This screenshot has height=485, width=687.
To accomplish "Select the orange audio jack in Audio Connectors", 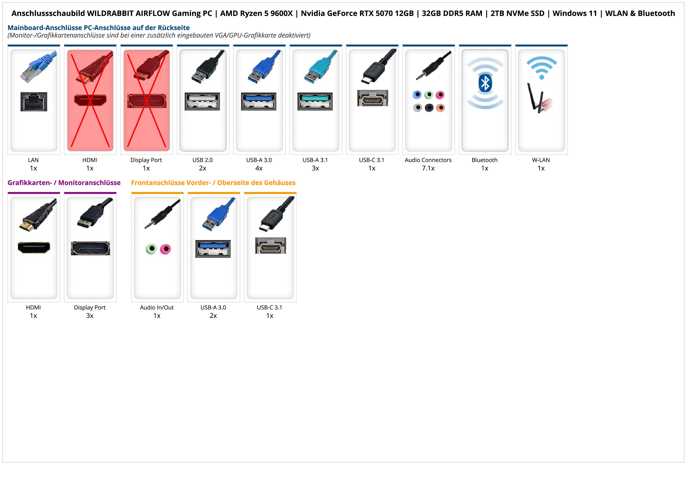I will [x=440, y=108].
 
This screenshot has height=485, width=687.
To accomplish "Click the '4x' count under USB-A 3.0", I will [x=259, y=168].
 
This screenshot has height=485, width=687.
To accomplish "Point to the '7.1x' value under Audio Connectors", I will [x=428, y=168].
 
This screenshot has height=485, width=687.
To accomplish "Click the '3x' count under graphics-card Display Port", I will [x=90, y=316].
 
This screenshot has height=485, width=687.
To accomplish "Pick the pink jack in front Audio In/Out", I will [x=165, y=249].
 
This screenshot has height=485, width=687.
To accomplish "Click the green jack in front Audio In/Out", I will [x=151, y=249].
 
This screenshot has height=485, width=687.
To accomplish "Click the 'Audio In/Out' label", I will [x=157, y=308].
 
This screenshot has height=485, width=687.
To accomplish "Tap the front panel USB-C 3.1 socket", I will [x=270, y=246].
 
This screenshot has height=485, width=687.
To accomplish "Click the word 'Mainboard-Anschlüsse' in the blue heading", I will [x=45, y=28].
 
